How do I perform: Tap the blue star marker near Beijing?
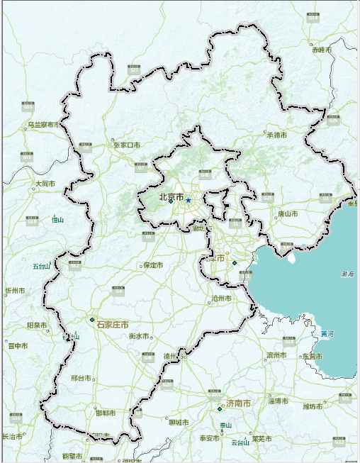tap(189, 201)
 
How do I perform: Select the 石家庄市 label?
tap(113, 324)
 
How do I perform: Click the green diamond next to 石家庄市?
tap(92, 320)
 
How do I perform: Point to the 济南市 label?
tap(238, 403)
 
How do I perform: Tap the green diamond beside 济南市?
tap(220, 408)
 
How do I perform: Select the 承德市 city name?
tap(276, 134)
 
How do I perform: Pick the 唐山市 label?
tap(287, 213)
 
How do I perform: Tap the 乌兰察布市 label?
tap(42, 125)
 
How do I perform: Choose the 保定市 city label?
tap(153, 265)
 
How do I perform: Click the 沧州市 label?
tap(222, 299)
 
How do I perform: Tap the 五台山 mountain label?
tap(41, 267)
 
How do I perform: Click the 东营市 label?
tap(312, 356)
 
